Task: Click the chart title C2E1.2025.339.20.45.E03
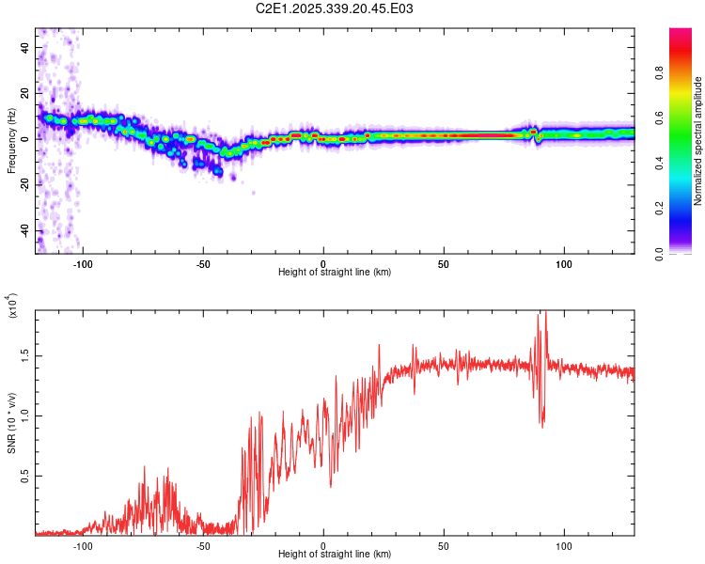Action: (x=336, y=8)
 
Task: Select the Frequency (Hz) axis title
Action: (x=12, y=140)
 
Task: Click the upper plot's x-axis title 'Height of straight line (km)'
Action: (x=335, y=272)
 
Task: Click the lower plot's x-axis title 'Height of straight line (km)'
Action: (x=335, y=554)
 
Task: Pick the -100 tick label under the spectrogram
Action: (x=84, y=263)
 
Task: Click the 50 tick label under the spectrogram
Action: (x=444, y=263)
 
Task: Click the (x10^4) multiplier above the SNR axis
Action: (x=12, y=305)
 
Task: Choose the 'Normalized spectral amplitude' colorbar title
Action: (x=697, y=141)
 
